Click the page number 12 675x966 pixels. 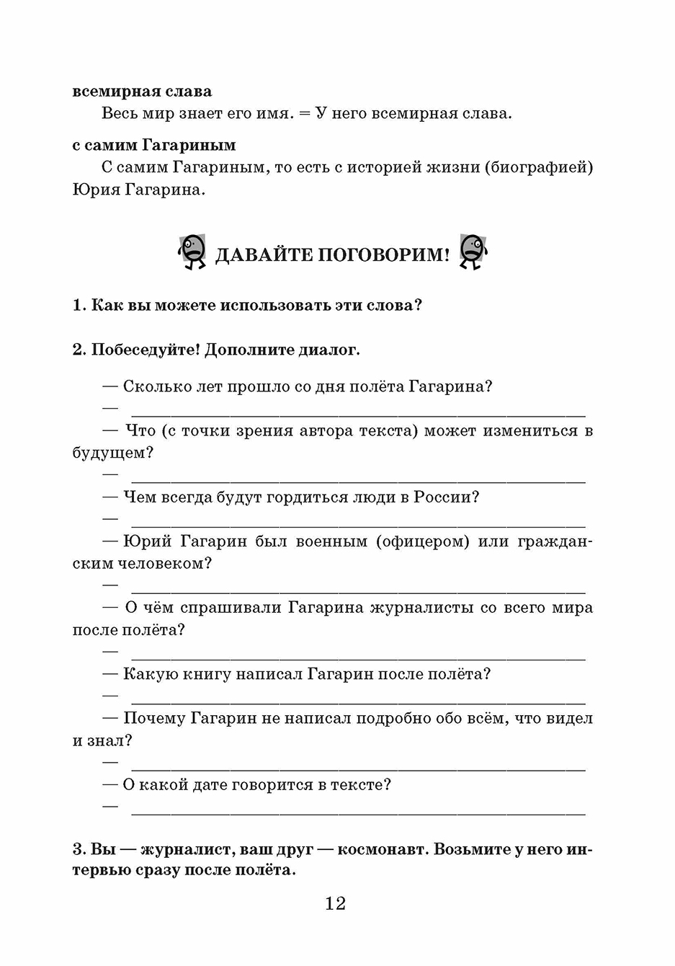(x=336, y=903)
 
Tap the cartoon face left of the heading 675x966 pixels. (x=192, y=252)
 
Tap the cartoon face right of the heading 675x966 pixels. (x=472, y=252)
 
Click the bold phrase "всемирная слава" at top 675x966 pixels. (x=142, y=92)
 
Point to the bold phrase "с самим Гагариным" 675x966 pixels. (x=153, y=145)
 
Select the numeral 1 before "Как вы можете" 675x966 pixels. (x=79, y=305)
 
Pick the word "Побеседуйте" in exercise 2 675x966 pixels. (x=146, y=350)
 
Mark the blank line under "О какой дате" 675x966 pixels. (x=358, y=814)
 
